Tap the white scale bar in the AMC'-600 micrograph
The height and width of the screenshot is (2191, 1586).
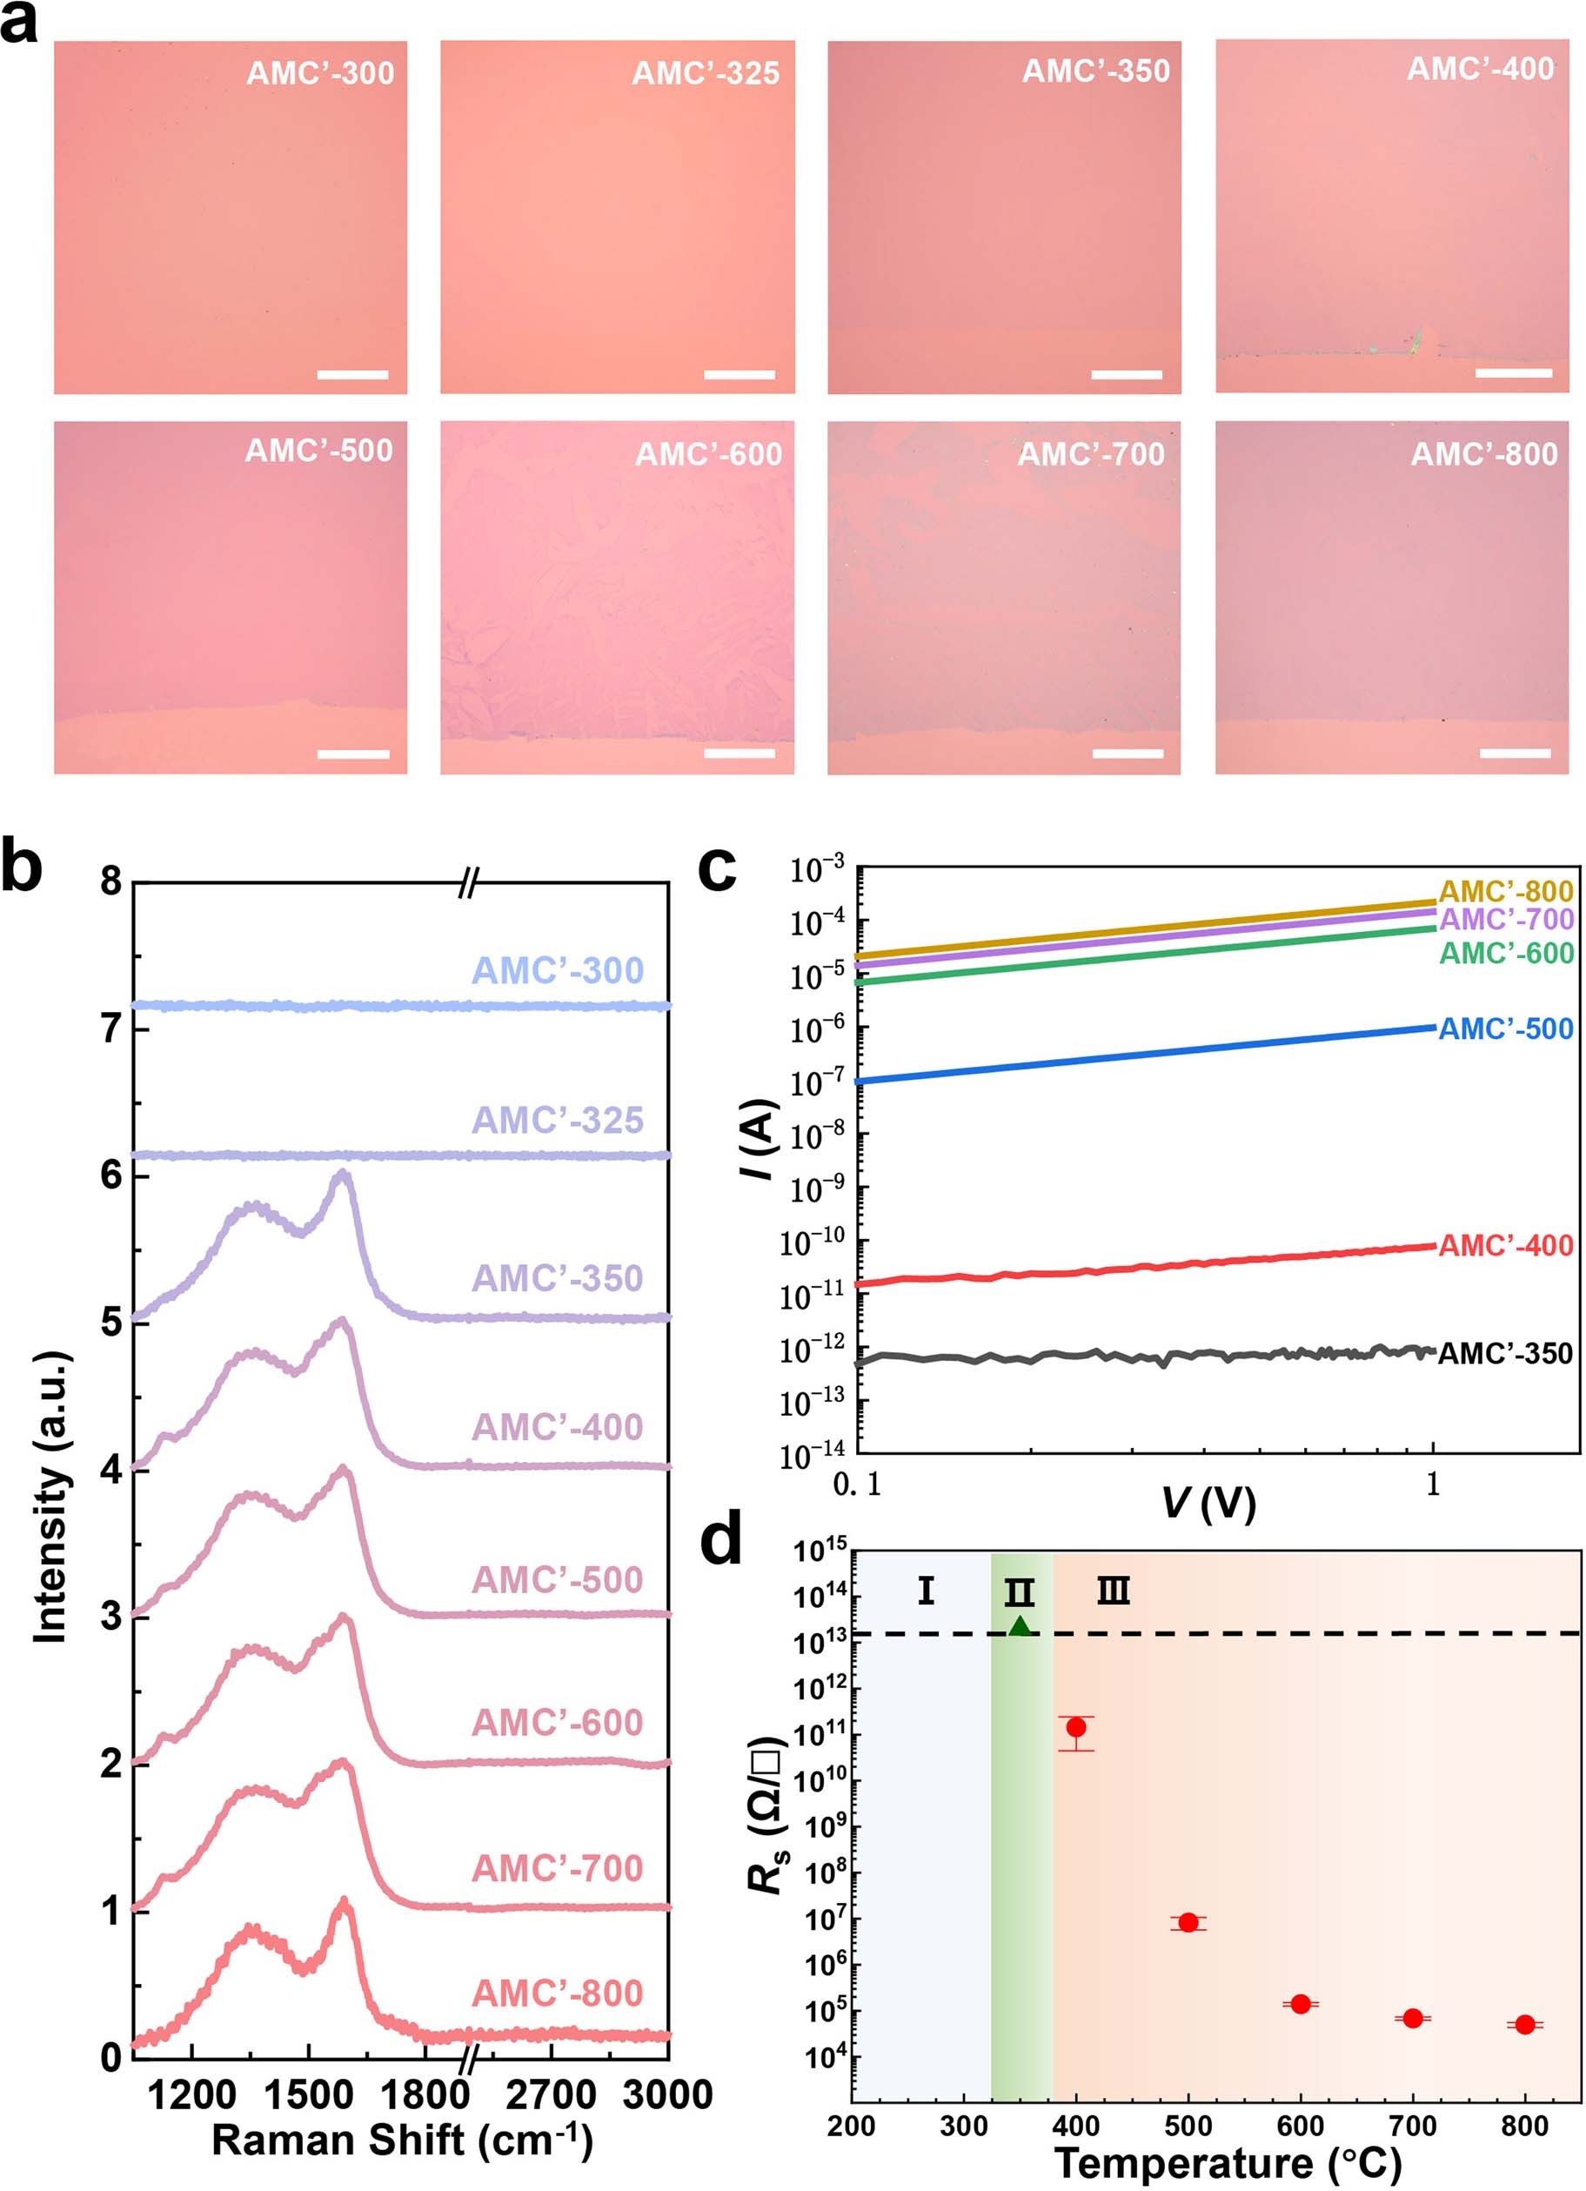(x=739, y=753)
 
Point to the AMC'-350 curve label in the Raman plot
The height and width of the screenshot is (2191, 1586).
(x=558, y=1278)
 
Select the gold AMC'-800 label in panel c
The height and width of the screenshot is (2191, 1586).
(x=1506, y=891)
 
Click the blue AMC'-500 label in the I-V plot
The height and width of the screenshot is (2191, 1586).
(x=1506, y=1028)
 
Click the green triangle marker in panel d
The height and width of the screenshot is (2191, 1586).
(x=1020, y=1626)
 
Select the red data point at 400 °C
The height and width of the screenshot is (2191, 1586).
(x=1076, y=1726)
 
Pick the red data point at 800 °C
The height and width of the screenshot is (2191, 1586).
(x=1524, y=2024)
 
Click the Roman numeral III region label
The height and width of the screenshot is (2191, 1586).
(x=1113, y=1591)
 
